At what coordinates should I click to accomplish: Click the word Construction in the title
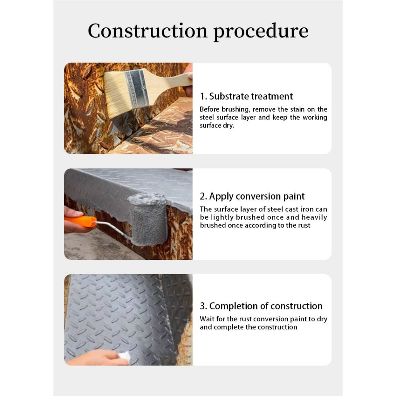point(147,31)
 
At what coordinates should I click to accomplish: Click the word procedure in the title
point(261,32)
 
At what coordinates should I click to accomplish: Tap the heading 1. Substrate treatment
point(246,96)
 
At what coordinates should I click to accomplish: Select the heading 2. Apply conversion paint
point(252,196)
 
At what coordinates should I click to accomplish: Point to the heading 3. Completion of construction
point(261,306)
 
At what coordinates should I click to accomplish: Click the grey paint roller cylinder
point(147,219)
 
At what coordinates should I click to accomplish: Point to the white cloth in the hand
point(124,357)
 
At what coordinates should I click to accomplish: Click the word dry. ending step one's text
point(229,126)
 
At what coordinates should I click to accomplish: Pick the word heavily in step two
point(314,217)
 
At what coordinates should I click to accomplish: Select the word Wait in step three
point(207,319)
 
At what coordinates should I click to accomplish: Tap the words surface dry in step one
point(217,126)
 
